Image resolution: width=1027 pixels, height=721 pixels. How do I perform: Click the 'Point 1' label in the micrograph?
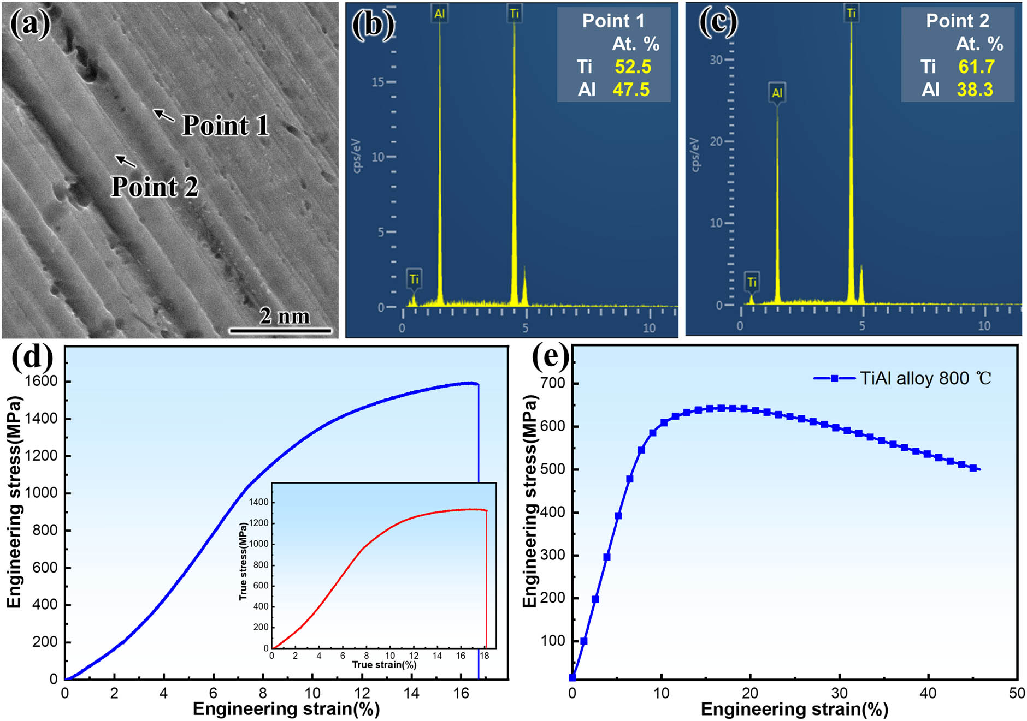coord(226,126)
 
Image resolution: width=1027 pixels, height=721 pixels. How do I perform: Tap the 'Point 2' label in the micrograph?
coord(155,187)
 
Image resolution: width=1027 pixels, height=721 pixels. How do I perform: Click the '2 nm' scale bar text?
coord(284,316)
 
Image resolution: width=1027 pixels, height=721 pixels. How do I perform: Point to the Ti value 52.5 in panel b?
coord(633,67)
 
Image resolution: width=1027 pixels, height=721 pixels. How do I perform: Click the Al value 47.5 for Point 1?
coord(631,90)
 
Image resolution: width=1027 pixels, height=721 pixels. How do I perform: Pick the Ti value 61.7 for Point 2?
coord(976,67)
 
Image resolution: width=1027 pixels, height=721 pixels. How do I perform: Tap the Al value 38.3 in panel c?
coord(975,90)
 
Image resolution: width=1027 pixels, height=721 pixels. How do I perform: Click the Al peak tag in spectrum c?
coord(777,93)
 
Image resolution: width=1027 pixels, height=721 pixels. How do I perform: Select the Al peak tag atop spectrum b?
coord(439,14)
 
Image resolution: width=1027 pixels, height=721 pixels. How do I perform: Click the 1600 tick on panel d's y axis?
coord(42,381)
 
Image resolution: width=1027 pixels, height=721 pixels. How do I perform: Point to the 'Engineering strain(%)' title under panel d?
coord(286,708)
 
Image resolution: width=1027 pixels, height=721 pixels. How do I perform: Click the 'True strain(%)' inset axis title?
coord(384,664)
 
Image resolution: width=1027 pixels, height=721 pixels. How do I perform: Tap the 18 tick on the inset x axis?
coord(484,656)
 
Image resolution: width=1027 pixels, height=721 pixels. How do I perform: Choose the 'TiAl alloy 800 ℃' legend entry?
coord(925,378)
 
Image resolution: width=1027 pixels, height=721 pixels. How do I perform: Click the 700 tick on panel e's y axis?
coord(552,383)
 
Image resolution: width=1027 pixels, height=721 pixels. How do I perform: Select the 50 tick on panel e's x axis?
coord(1016,693)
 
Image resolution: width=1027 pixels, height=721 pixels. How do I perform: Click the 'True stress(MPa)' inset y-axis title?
coord(243,562)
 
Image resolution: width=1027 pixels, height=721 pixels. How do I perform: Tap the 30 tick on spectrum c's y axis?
coord(716,60)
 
